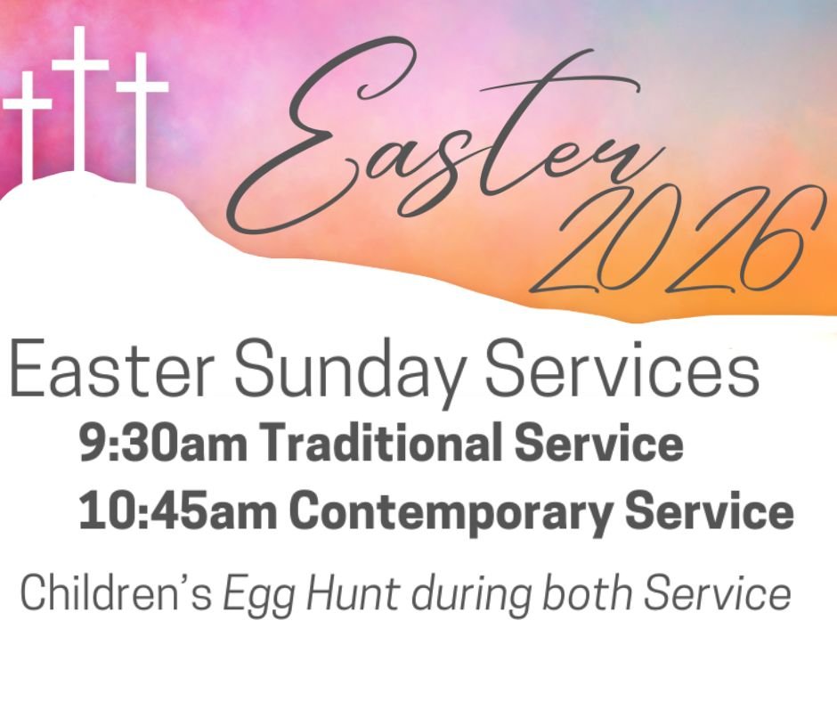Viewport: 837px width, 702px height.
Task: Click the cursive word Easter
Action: coord(463,151)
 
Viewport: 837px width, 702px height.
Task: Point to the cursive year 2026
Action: coord(677,245)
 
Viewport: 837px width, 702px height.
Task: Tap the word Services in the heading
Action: coord(622,367)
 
